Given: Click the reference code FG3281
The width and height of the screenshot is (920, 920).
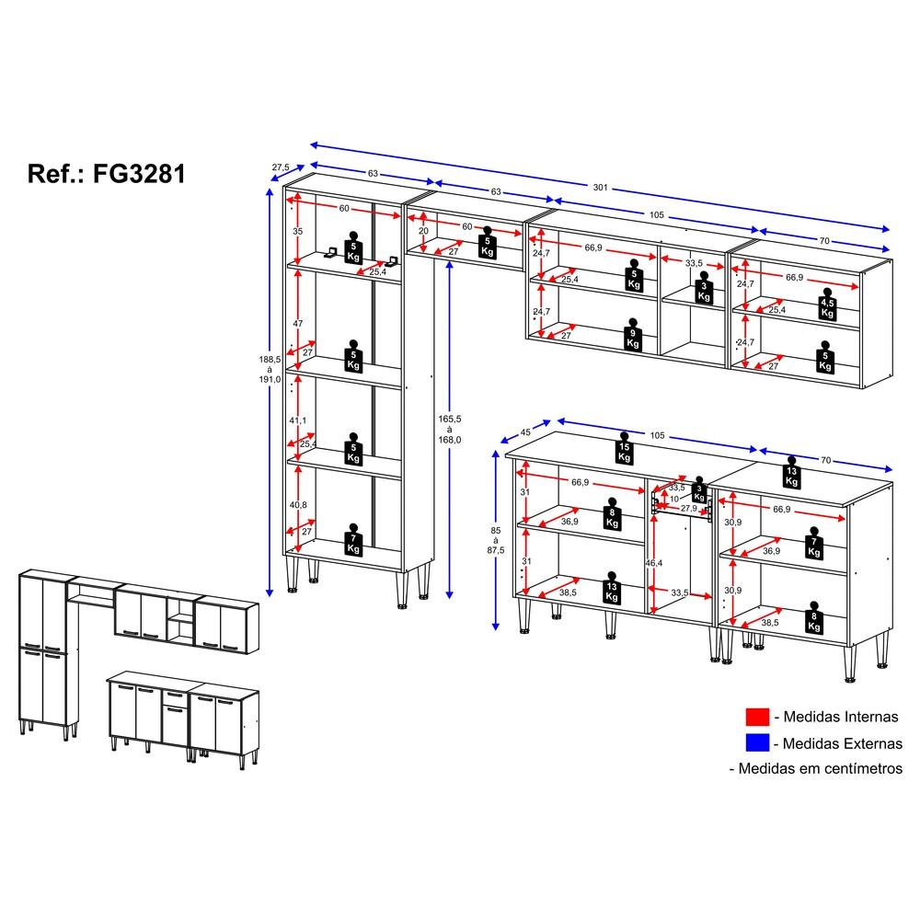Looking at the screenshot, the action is [x=139, y=174].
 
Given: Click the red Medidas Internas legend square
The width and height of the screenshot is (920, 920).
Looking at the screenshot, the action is [x=757, y=717].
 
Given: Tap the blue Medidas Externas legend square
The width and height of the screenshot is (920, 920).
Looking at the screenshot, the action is [x=757, y=742].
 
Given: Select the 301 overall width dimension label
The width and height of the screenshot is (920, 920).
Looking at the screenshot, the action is [x=600, y=187].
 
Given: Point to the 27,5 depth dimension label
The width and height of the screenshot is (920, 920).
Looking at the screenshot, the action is [x=281, y=167].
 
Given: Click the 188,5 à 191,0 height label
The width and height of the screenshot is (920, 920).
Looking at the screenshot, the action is [x=270, y=369].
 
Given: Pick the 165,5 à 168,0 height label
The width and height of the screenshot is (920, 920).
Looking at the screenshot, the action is [x=450, y=429].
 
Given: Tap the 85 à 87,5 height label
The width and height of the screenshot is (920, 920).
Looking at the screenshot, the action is [x=496, y=540].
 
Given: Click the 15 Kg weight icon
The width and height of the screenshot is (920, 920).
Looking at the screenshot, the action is [x=625, y=449].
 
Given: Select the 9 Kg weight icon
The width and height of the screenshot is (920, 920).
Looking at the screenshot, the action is [x=633, y=336].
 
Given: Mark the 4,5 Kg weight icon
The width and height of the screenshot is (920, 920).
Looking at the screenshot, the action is [x=827, y=305].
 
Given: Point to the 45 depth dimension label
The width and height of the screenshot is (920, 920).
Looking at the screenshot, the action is [x=525, y=432].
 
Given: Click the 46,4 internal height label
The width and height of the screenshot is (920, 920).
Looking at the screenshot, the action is [x=653, y=563].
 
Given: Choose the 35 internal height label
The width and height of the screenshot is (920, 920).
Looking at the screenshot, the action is [x=298, y=231].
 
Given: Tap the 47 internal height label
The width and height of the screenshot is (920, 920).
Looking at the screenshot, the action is [x=298, y=323].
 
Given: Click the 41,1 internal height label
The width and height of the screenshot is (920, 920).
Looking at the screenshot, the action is [x=298, y=420].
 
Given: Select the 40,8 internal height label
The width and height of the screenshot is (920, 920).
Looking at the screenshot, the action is [x=298, y=504].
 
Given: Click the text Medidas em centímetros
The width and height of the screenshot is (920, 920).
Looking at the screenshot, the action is [x=821, y=768].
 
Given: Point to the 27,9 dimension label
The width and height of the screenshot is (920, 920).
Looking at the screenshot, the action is [x=689, y=508].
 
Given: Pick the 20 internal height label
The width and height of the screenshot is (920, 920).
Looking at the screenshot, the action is [x=423, y=231].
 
